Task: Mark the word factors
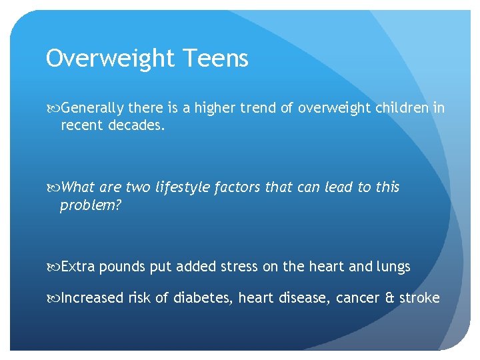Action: [239, 187]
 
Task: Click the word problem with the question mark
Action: [91, 205]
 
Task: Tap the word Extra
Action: [78, 267]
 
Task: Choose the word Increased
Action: [92, 298]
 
